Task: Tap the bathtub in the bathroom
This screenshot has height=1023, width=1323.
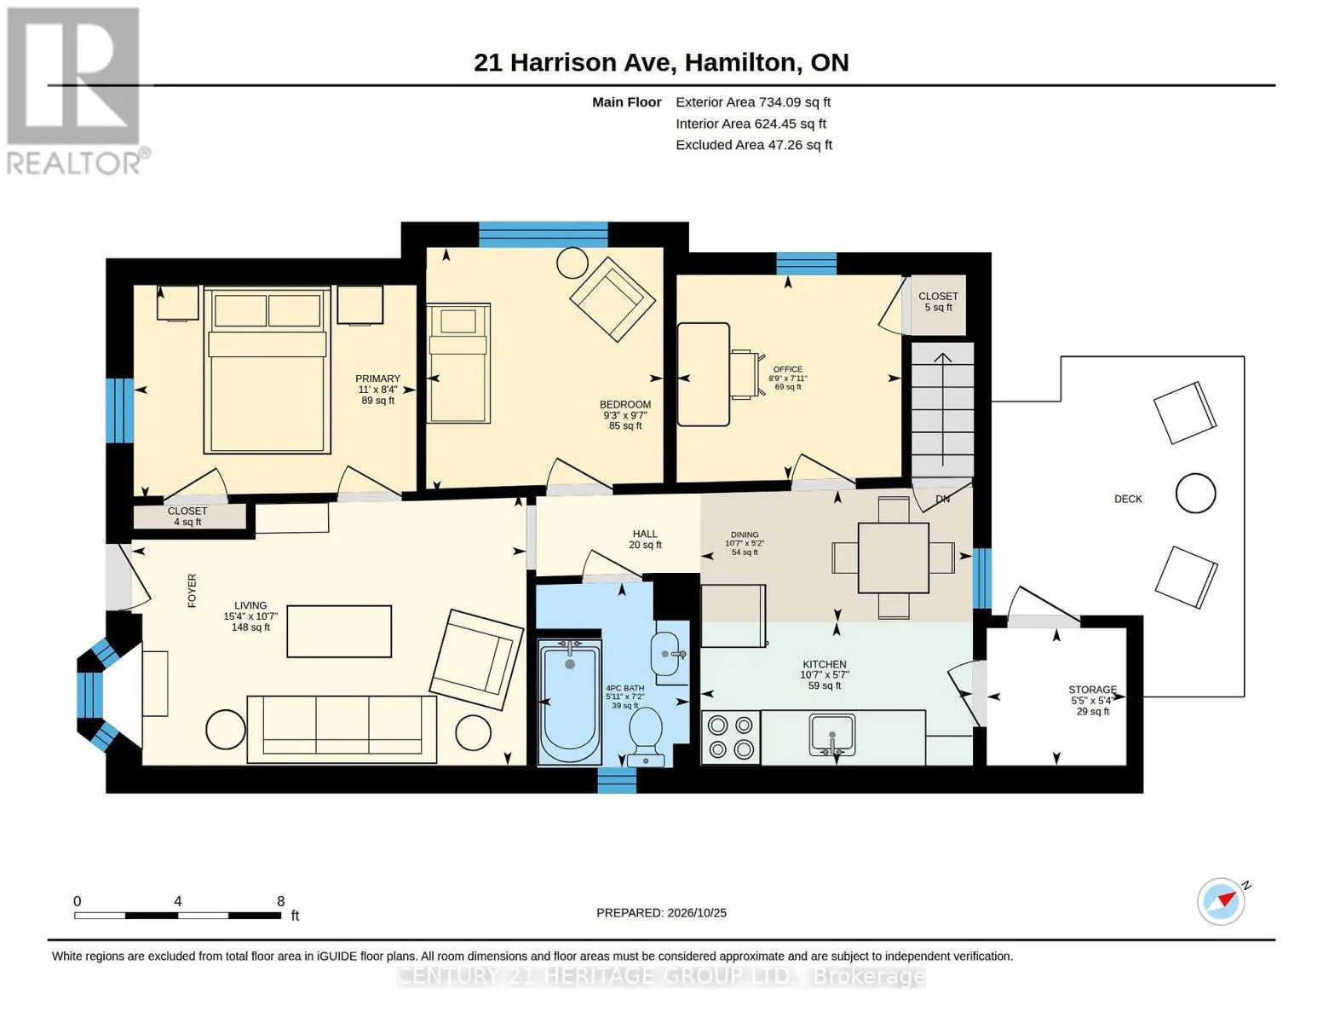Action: tap(569, 702)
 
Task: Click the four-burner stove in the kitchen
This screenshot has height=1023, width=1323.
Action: tap(731, 737)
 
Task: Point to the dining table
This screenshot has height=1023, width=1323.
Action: tap(893, 558)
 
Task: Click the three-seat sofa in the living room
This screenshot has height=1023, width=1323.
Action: tap(342, 730)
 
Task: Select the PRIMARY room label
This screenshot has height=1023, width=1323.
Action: tap(377, 379)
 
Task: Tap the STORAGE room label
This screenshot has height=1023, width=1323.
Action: tap(1092, 690)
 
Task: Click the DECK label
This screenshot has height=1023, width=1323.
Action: tap(1128, 499)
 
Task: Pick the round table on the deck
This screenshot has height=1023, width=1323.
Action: tap(1195, 494)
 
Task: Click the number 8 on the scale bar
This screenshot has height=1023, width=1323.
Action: tap(280, 901)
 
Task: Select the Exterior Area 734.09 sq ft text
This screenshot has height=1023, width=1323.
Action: tap(753, 102)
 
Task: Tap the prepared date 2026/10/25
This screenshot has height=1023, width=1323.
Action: tap(697, 913)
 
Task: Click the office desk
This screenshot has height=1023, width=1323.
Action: tap(703, 375)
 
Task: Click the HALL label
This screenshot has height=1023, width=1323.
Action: tap(645, 534)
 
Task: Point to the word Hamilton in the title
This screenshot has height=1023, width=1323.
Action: tap(739, 63)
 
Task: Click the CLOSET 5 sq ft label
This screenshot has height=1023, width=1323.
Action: tap(938, 302)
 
